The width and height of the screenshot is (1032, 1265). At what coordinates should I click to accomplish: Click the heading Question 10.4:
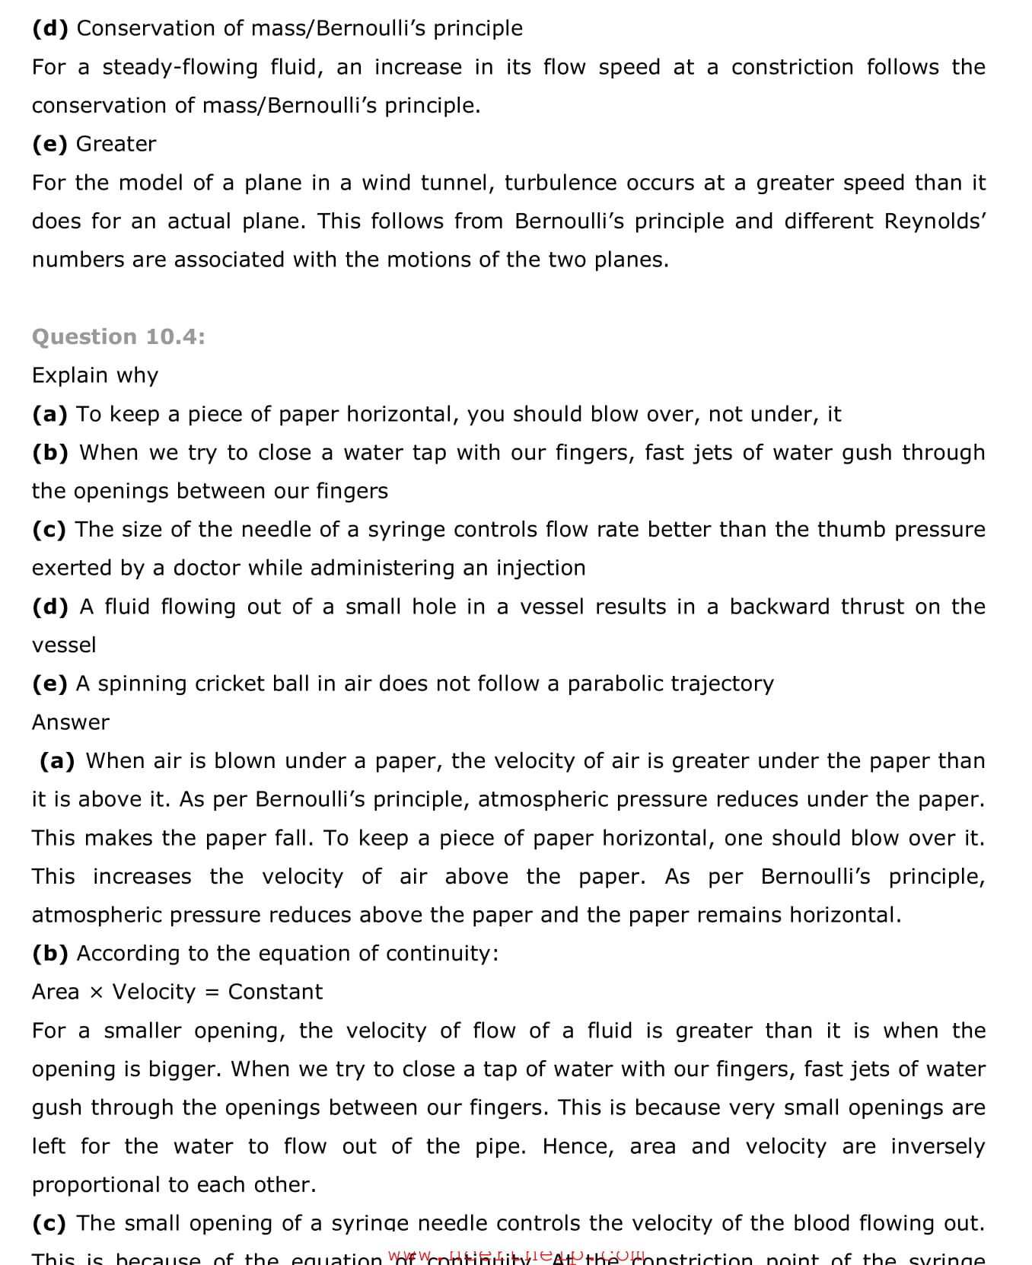point(118,336)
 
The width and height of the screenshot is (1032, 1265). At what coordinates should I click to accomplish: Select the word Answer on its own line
point(71,722)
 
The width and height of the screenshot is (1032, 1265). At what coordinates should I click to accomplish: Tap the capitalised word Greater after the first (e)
point(116,144)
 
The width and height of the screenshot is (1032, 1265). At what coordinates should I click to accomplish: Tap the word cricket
point(228,683)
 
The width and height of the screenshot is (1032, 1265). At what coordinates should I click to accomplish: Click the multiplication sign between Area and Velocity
point(96,993)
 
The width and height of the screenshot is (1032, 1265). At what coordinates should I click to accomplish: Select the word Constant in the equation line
point(275,992)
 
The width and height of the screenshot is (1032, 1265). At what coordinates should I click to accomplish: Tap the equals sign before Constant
point(212,993)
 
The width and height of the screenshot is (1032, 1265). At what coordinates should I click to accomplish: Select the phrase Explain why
point(95,375)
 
